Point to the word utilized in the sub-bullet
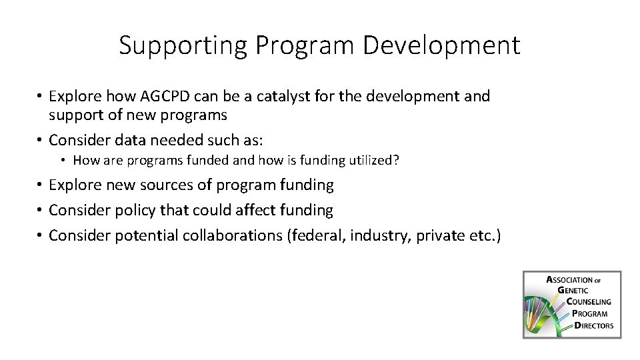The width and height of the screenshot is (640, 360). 371,160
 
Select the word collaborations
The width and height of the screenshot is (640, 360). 227,235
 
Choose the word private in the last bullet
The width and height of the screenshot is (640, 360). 437,235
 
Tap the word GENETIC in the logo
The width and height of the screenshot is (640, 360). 574,290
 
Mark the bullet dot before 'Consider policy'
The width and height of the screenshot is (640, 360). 40,210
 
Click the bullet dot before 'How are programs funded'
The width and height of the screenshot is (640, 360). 64,160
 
